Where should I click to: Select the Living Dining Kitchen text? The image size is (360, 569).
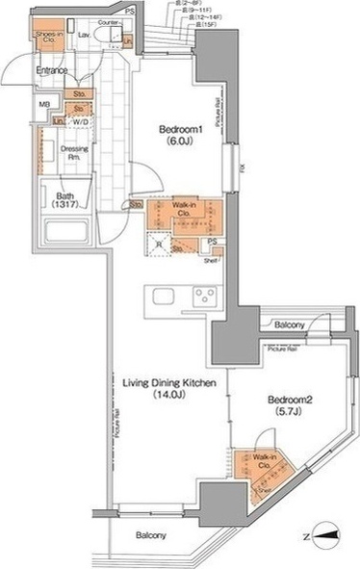click(x=168, y=388)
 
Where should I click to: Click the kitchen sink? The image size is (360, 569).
click(x=160, y=296)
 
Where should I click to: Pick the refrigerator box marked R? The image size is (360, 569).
click(x=159, y=246)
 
